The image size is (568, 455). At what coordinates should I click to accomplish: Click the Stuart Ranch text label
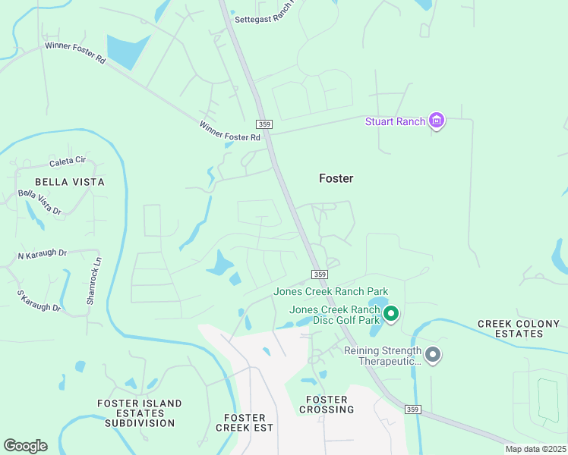tap(395, 121)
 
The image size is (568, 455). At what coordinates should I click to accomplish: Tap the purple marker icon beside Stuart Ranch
tap(437, 120)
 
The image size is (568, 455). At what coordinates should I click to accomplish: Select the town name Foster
tap(336, 178)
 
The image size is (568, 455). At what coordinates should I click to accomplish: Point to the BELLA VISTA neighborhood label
tap(70, 182)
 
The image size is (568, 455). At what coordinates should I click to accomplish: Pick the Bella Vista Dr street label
tap(39, 202)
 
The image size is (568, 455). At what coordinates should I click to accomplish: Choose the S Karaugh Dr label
tap(39, 301)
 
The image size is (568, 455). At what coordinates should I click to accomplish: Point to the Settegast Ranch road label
tap(263, 20)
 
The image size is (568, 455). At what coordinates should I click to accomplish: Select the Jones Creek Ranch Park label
tap(331, 291)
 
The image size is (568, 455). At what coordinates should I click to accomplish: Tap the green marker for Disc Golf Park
tap(391, 312)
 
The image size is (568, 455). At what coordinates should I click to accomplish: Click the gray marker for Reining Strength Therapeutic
tap(433, 354)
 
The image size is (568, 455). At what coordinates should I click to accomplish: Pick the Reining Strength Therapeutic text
tap(381, 356)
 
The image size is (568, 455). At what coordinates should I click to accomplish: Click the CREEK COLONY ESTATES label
tap(519, 328)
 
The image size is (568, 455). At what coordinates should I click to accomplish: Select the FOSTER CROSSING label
tap(327, 404)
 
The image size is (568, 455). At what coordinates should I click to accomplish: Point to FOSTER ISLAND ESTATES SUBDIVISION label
tap(140, 413)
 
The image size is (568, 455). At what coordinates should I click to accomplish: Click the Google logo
tap(25, 446)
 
